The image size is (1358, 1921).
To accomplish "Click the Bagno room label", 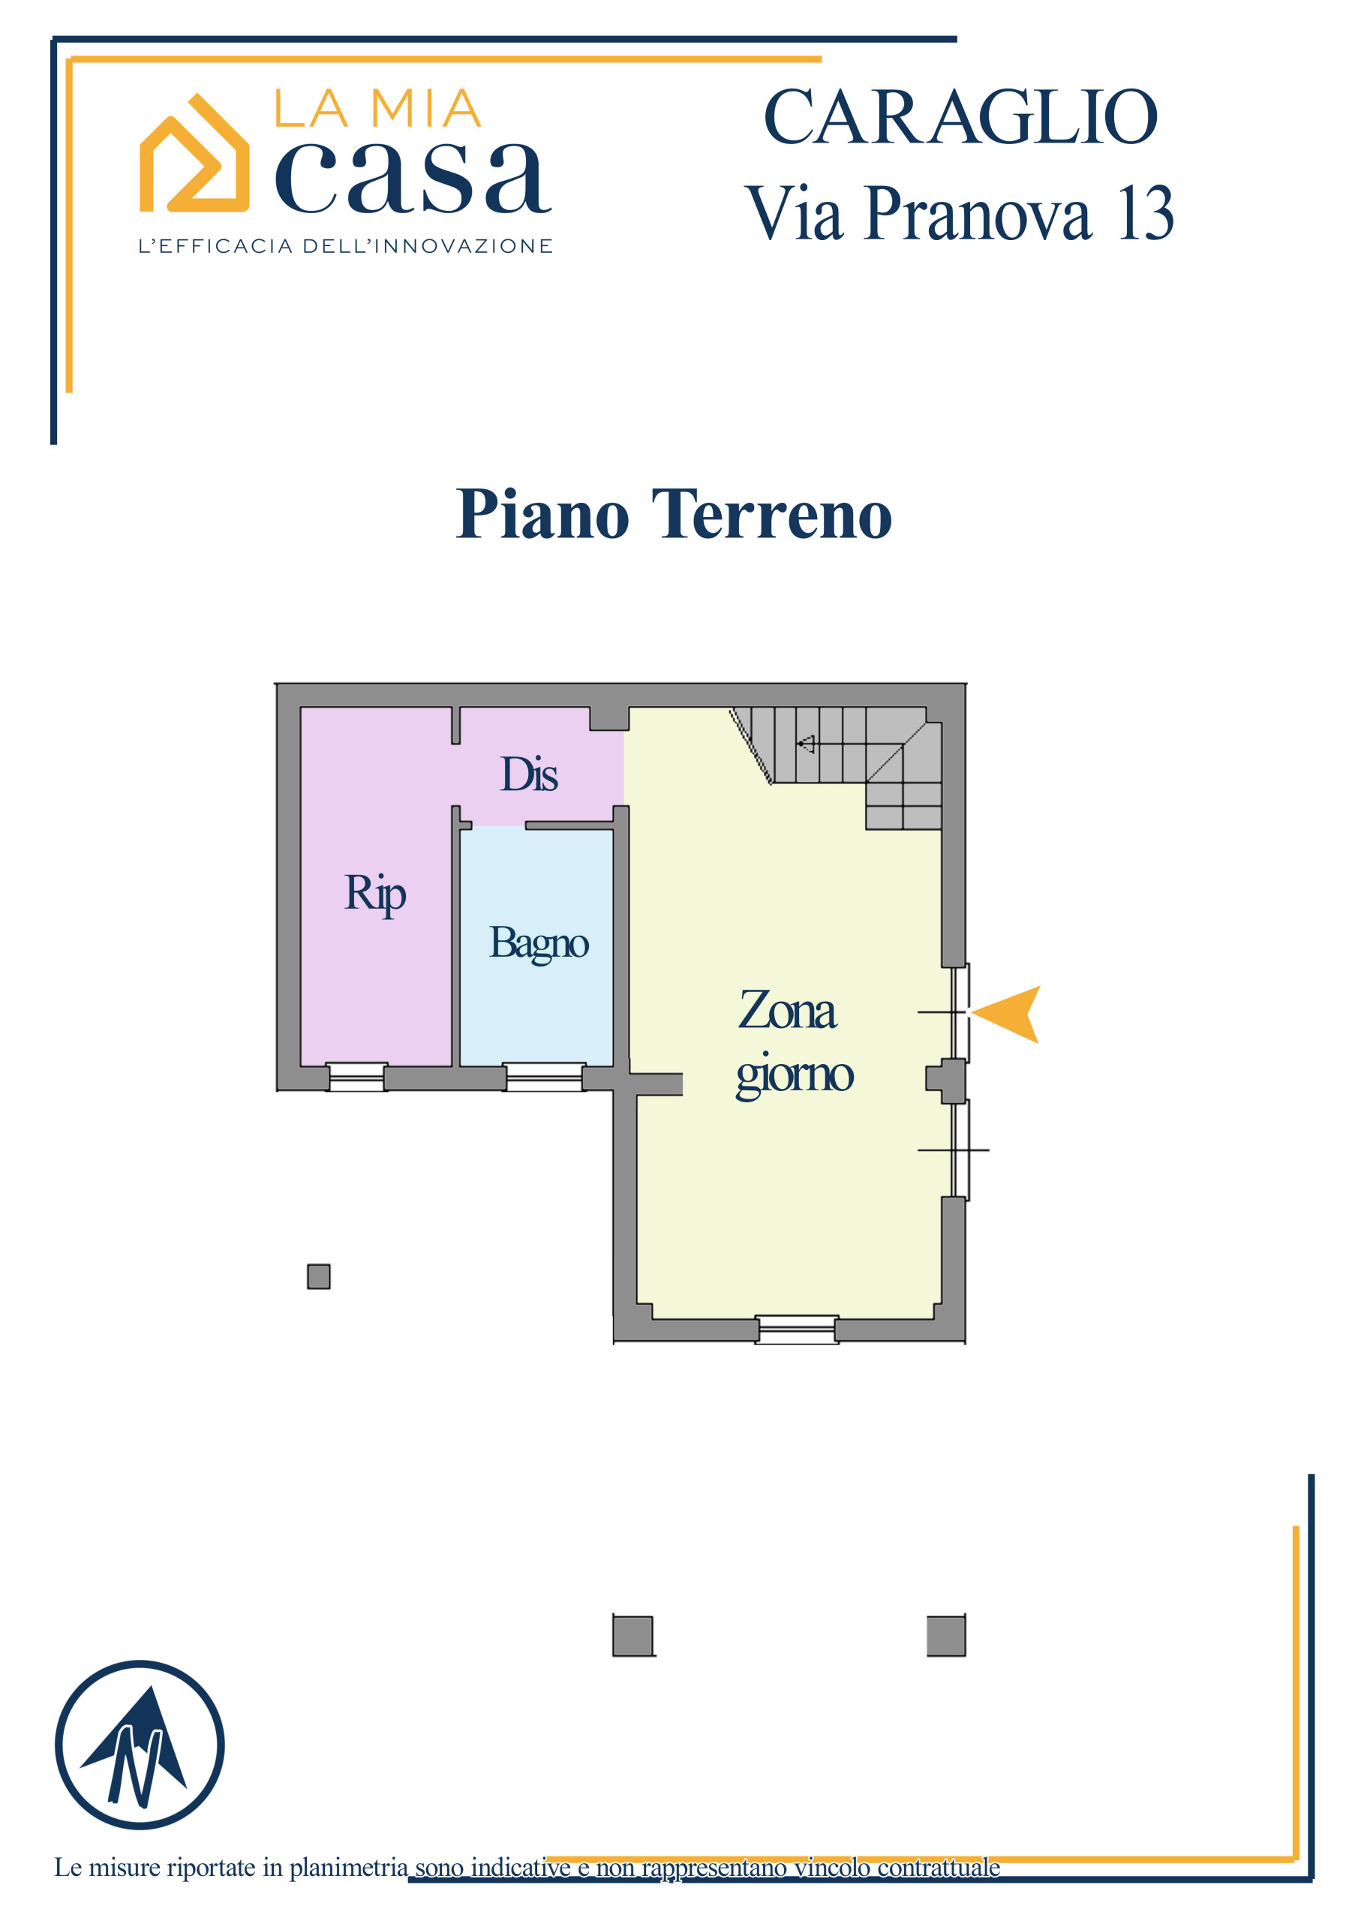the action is click(x=539, y=943).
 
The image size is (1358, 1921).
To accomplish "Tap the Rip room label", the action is click(x=375, y=893).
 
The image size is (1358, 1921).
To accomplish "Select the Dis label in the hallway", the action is click(x=529, y=774).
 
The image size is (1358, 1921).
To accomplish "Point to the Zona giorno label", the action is click(x=794, y=1042).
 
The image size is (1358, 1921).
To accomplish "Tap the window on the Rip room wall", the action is click(x=356, y=1077).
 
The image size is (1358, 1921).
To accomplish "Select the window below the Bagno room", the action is click(x=545, y=1077).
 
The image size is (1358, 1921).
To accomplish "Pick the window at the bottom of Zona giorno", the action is click(x=797, y=1330).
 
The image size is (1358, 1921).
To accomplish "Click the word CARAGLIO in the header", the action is click(x=960, y=117).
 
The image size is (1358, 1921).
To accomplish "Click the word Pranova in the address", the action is click(x=978, y=213).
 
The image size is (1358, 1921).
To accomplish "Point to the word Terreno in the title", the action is click(x=771, y=514).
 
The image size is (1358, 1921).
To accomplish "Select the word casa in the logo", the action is click(x=413, y=176).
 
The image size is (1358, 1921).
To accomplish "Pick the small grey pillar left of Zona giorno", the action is click(x=319, y=1276).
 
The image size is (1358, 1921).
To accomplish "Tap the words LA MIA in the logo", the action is click(x=377, y=109).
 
